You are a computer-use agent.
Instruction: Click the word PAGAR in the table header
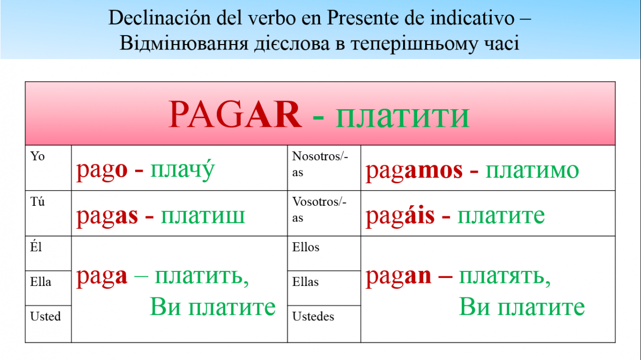click(235, 115)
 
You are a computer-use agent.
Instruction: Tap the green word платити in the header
click(403, 117)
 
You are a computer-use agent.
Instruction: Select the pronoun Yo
click(38, 156)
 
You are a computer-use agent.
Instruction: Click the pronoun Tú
click(38, 201)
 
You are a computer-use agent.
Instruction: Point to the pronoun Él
click(36, 246)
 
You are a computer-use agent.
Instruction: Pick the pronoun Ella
click(41, 281)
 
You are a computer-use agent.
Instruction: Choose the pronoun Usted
click(46, 316)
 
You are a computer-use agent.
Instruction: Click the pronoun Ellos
click(305, 247)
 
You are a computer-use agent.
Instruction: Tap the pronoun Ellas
click(305, 281)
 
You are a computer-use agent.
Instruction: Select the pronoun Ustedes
click(313, 316)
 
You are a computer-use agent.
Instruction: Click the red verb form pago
click(102, 171)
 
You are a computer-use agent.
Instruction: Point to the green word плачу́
click(182, 170)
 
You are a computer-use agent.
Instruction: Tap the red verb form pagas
click(107, 217)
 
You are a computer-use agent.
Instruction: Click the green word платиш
click(203, 216)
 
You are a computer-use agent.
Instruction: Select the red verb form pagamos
click(414, 171)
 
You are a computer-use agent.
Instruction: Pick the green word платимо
click(532, 171)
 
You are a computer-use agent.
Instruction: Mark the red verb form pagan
click(398, 277)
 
